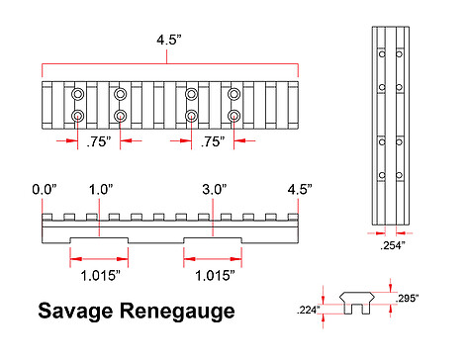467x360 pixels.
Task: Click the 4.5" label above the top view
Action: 169,41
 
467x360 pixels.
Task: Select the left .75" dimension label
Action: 99,141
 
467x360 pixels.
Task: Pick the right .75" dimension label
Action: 213,141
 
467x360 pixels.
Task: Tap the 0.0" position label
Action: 45,190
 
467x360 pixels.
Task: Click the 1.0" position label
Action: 101,190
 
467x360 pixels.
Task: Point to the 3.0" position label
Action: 215,190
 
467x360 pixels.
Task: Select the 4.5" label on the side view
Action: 300,190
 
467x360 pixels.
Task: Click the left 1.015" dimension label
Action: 101,276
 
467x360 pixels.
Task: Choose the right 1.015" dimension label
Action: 215,276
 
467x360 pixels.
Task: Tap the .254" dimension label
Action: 393,245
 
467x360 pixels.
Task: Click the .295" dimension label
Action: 407,299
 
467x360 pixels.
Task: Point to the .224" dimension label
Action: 309,310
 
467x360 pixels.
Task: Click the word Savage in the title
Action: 75,312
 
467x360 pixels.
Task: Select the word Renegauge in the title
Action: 177,312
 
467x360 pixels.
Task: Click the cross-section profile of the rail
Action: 357,303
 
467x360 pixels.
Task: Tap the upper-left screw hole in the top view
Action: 78,94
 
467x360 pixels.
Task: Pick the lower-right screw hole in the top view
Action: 233,116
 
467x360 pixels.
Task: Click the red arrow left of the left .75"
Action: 67,140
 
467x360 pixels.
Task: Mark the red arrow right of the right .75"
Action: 244,140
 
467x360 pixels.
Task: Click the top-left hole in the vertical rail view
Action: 382,53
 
